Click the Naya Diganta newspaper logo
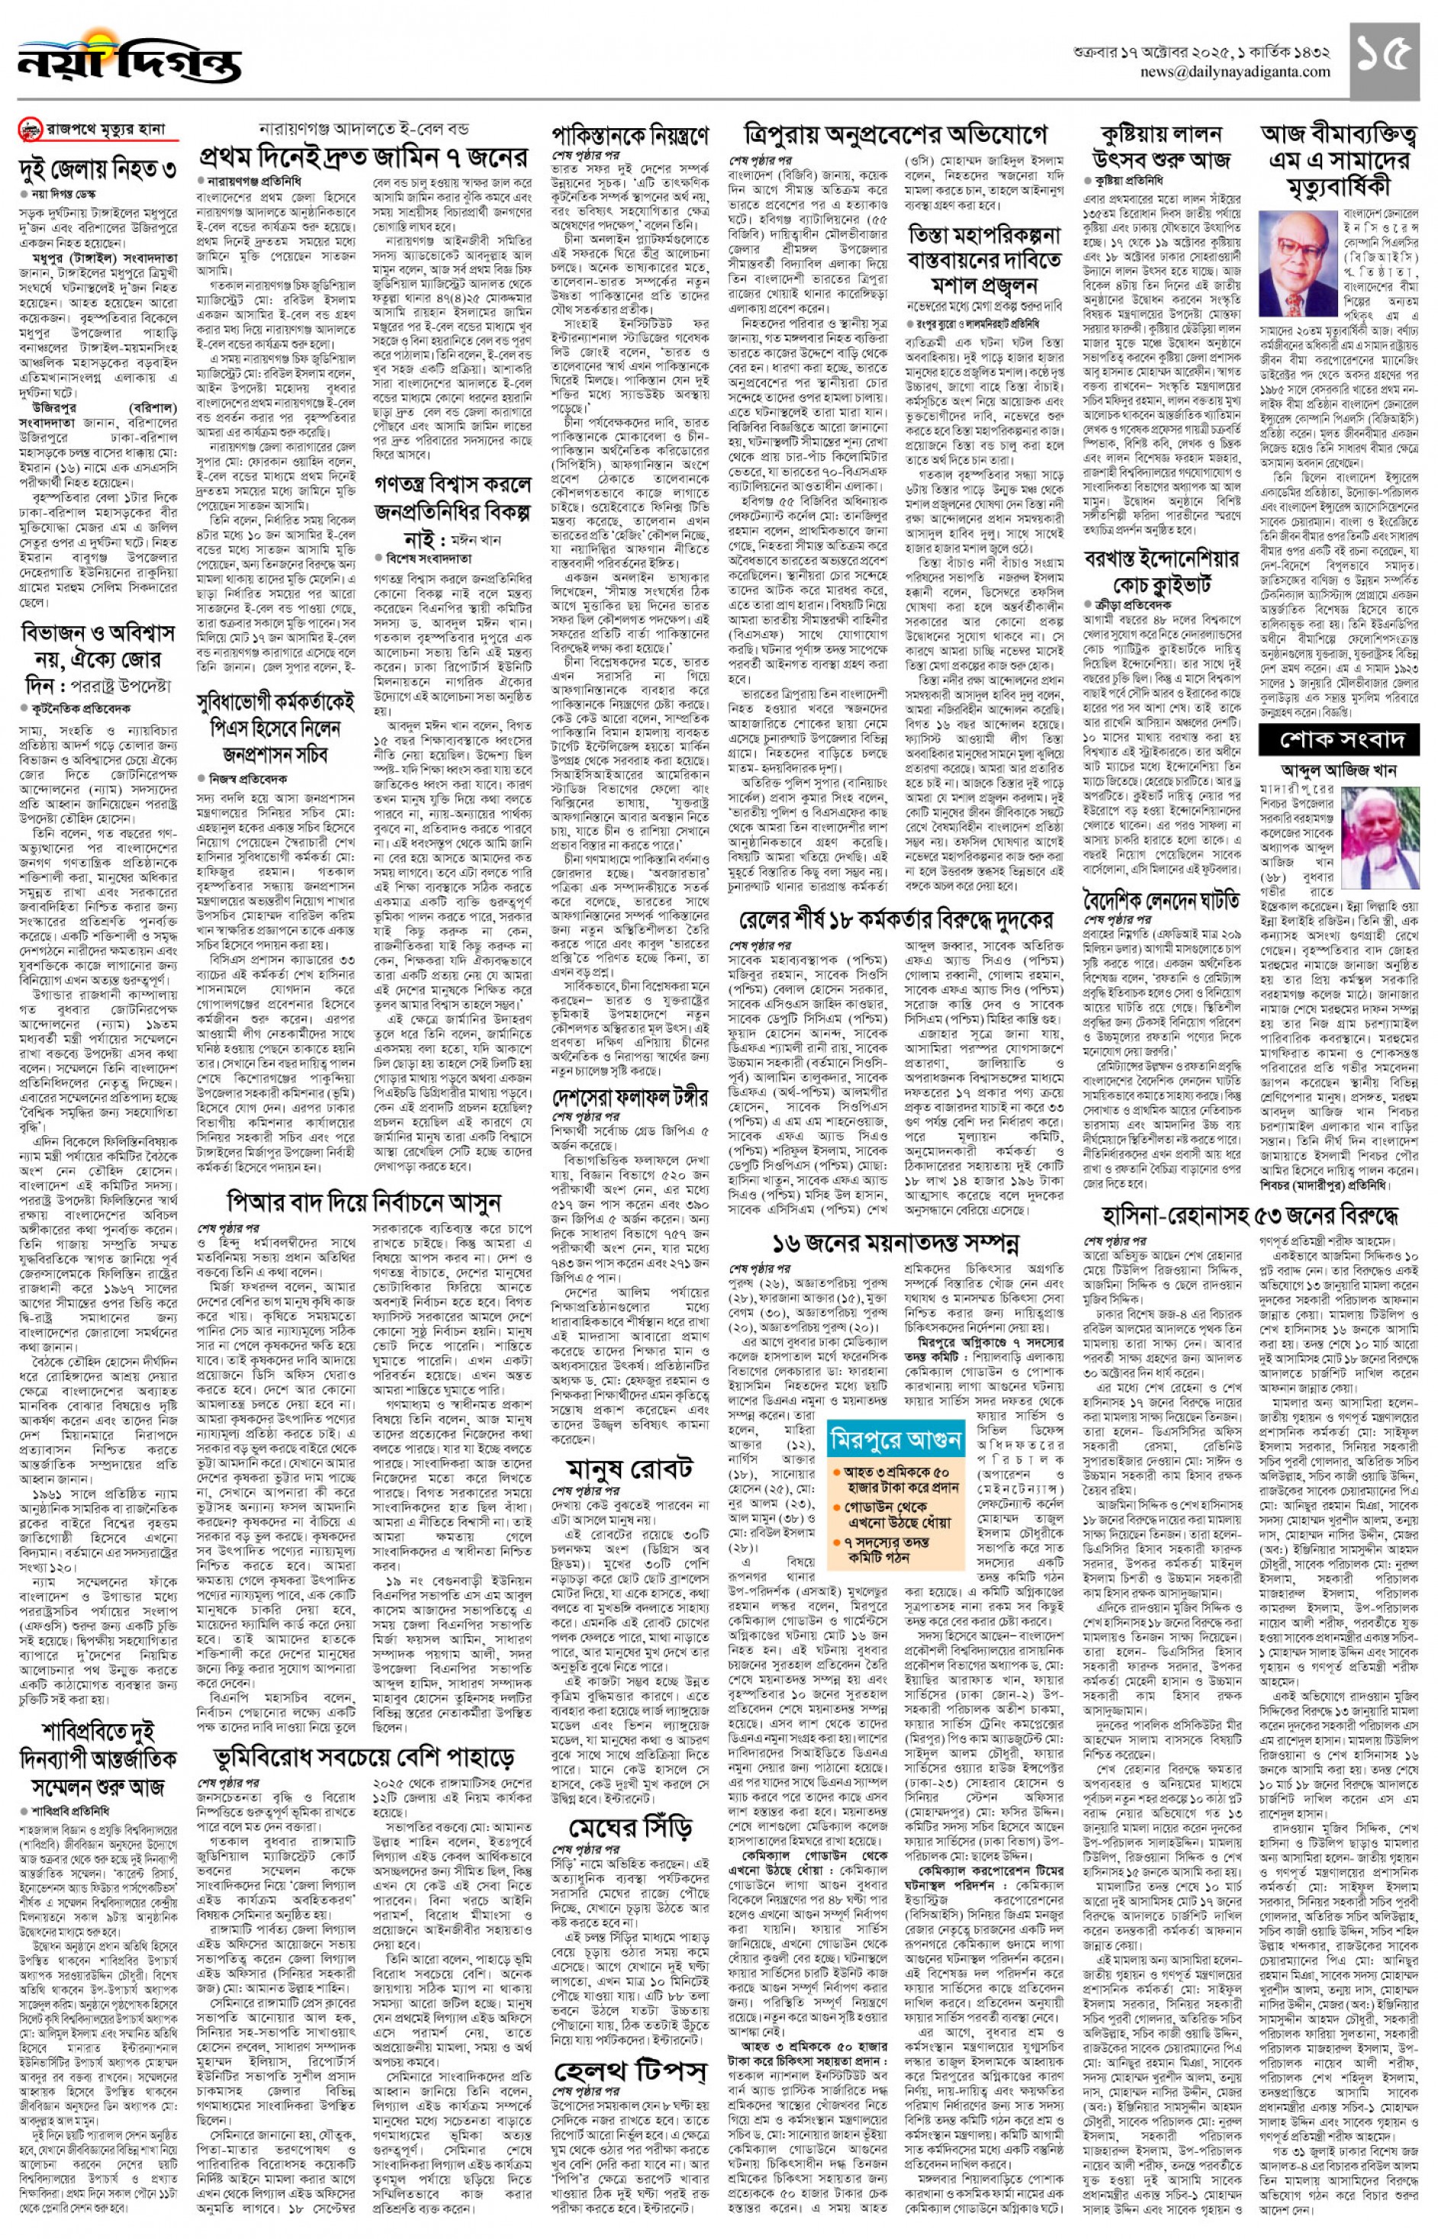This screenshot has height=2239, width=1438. [x=128, y=59]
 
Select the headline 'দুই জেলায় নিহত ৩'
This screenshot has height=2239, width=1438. [x=98, y=171]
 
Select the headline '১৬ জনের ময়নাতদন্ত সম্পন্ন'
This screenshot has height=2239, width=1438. [x=895, y=1243]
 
